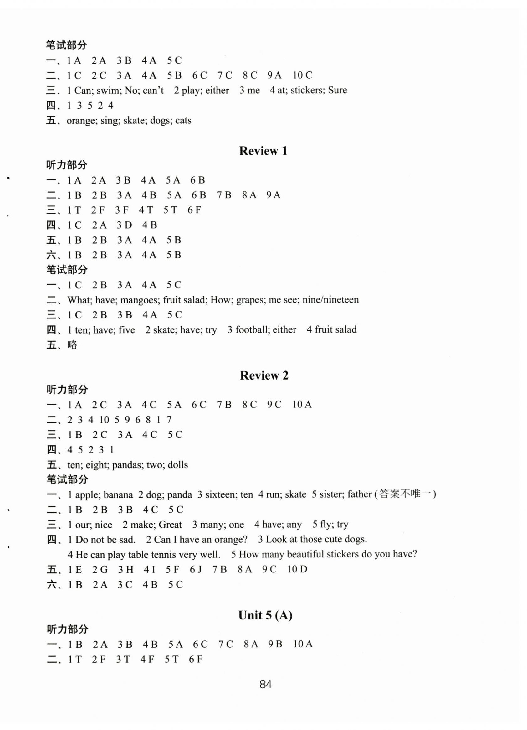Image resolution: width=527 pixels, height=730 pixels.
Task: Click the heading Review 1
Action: [263, 151]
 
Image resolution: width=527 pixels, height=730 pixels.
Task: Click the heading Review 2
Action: [264, 375]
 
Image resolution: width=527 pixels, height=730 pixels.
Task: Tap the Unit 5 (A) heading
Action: [265, 615]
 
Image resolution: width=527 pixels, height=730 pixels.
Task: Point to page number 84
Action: [265, 684]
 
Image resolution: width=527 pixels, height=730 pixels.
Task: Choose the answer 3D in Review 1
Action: [124, 225]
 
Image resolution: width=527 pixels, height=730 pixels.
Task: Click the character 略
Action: [72, 345]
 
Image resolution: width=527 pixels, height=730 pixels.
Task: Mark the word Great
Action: [170, 525]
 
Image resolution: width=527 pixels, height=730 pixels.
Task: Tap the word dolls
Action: [178, 465]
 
